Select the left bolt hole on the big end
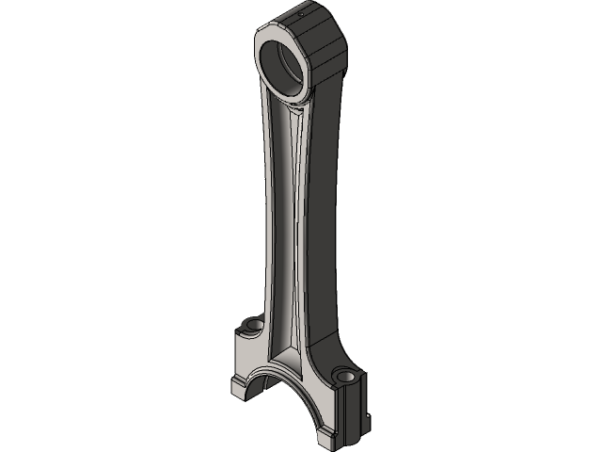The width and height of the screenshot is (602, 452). [252, 326]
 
